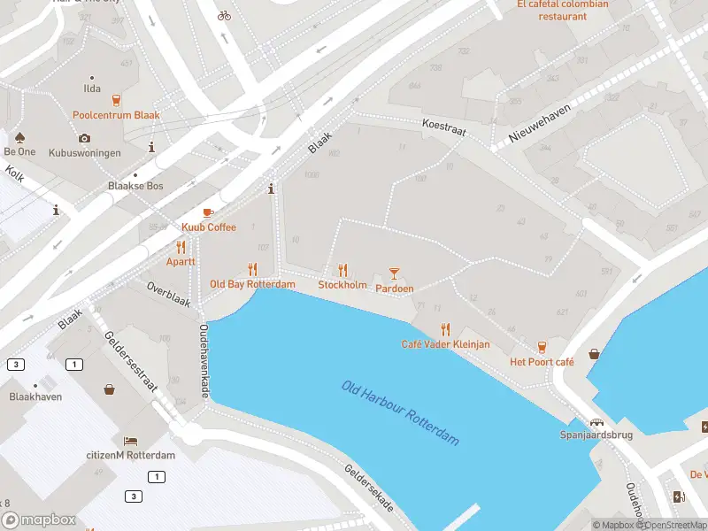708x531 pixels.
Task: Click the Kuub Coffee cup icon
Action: pos(208,213)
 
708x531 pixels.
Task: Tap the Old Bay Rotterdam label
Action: pos(252,284)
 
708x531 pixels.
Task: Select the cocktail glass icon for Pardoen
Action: pos(395,273)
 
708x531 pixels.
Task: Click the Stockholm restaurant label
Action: pos(342,285)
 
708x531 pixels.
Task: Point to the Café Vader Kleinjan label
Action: pos(445,343)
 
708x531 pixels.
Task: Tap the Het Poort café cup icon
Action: pos(542,347)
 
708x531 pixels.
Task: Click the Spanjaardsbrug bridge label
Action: pos(597,435)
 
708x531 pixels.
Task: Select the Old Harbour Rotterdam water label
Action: pos(401,412)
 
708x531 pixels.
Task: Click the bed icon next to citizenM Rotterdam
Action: pos(131,440)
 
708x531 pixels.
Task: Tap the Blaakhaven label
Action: pos(35,397)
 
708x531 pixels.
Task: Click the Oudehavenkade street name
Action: pos(204,360)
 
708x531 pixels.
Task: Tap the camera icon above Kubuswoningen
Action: pos(84,138)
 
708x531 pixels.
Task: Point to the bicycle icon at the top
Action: pos(224,15)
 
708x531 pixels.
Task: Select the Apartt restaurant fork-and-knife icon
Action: pos(181,247)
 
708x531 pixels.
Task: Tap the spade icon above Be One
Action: pos(19,137)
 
